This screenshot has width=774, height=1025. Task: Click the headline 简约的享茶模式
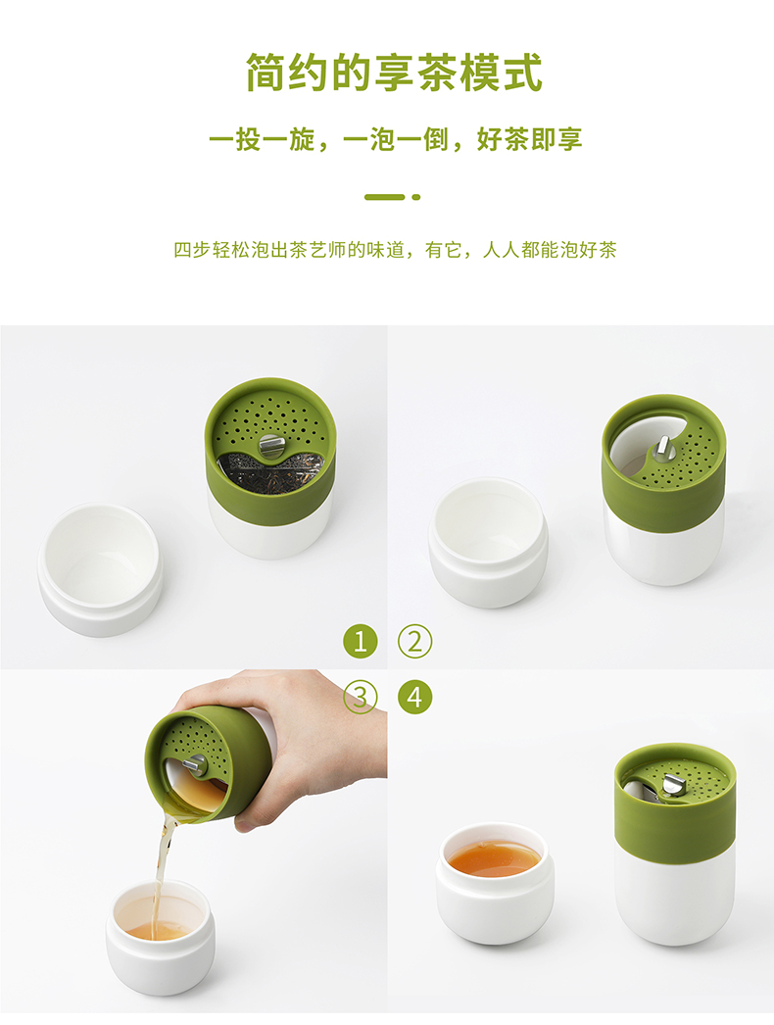click(x=394, y=72)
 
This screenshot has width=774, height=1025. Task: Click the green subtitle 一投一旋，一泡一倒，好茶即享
click(x=396, y=139)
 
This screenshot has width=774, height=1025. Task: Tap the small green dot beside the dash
click(x=415, y=197)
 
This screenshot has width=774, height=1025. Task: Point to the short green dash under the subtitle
click(x=384, y=197)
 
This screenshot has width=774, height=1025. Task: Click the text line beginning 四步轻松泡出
click(x=395, y=250)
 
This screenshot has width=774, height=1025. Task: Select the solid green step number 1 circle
click(x=361, y=641)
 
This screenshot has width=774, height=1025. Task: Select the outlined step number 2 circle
click(x=415, y=641)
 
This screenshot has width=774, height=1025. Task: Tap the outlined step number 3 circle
click(x=361, y=697)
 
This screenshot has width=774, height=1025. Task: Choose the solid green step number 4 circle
click(x=415, y=697)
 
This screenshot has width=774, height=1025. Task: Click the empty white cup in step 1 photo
click(x=100, y=569)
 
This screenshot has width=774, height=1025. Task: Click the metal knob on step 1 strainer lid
click(x=272, y=446)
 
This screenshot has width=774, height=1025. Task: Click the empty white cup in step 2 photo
click(x=488, y=543)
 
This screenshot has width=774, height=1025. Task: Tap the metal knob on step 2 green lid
click(x=663, y=448)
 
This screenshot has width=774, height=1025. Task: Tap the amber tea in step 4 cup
click(x=494, y=857)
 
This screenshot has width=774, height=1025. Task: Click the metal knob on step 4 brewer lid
click(x=672, y=786)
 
